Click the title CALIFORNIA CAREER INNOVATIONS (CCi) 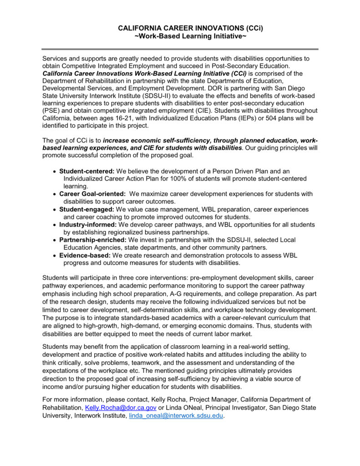coord(191,28)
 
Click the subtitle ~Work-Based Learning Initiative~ coord(191,36)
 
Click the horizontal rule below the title coord(180,49)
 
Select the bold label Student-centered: coord(87,171)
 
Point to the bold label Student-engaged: coord(86,209)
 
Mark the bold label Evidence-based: coord(85,255)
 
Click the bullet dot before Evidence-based coord(55,255)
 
